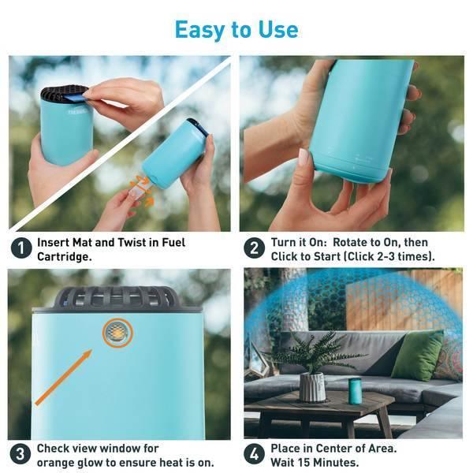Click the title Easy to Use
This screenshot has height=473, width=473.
[236, 30]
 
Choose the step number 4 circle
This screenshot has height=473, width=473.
[254, 454]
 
